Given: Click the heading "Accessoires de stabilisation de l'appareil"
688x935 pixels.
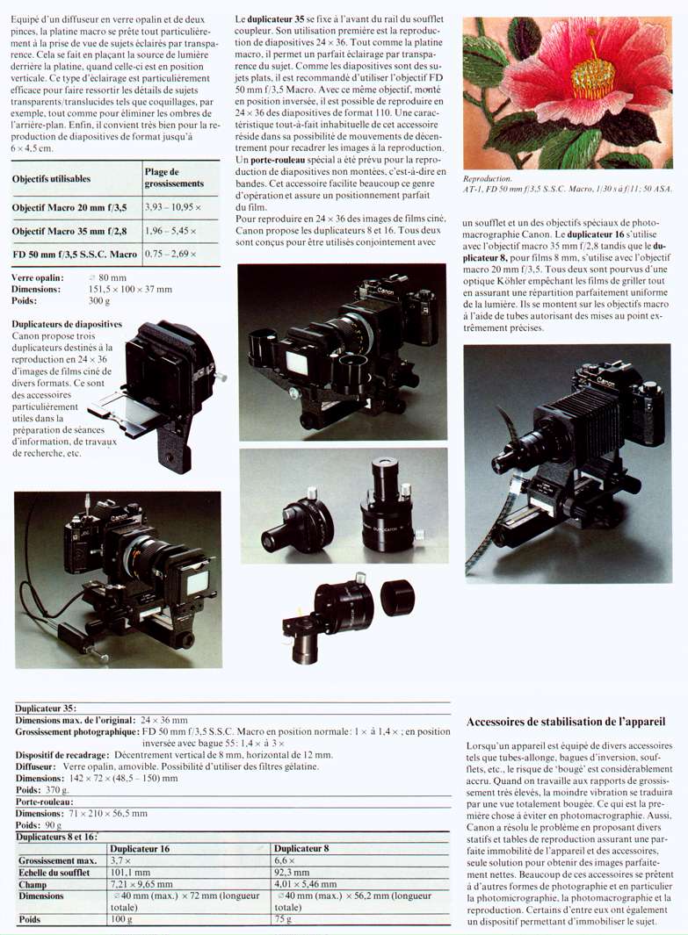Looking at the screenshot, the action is [566, 722].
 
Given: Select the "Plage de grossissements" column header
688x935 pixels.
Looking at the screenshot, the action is [174, 177].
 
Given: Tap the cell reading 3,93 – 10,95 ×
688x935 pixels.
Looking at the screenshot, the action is [173, 207].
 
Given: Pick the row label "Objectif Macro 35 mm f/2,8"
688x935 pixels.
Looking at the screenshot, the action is [69, 231].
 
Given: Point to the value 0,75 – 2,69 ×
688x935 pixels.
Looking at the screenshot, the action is [170, 254].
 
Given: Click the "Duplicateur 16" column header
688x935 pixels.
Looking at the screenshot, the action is [140, 849].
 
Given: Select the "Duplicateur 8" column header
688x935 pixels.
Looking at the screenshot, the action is [301, 849].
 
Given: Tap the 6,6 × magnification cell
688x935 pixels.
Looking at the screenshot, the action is [286, 860].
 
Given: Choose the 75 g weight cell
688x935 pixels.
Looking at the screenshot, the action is [283, 919].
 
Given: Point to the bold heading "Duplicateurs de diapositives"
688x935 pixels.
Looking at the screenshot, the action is [67, 324].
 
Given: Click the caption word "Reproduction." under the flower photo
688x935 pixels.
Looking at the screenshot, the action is [488, 178].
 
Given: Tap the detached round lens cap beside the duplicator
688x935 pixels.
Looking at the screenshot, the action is [397, 597].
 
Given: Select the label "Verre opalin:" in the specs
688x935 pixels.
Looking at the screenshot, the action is [38, 278].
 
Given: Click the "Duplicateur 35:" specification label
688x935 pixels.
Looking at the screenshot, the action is [46, 708].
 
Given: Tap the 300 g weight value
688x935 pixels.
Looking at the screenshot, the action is [99, 301].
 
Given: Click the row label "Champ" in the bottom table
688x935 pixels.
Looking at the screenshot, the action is [33, 884].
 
